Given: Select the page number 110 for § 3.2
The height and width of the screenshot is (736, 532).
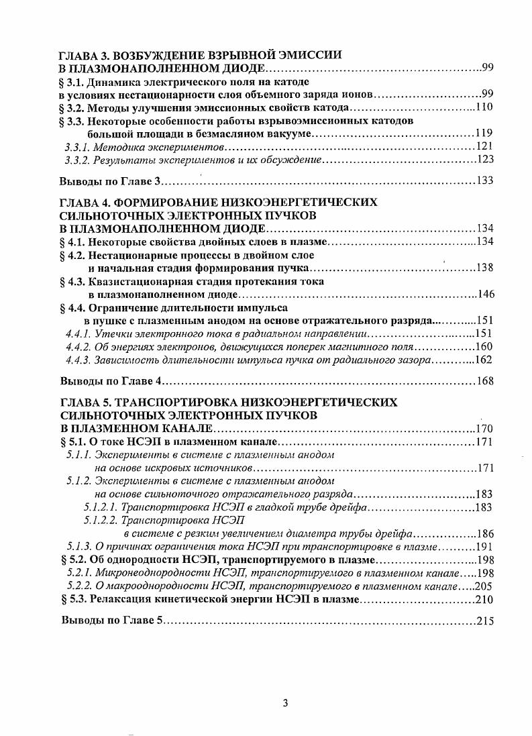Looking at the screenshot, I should (x=484, y=108).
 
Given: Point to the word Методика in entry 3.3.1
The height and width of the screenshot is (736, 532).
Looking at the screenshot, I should (x=116, y=146).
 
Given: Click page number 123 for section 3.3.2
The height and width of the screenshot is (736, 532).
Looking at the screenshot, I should (x=484, y=159).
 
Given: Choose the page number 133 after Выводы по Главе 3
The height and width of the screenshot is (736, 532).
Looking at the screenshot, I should (x=484, y=181).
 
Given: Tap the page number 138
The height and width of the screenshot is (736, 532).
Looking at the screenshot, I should (x=484, y=268).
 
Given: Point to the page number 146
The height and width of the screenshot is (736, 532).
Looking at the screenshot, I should (x=484, y=294).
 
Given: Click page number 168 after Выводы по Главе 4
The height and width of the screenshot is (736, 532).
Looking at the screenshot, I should (x=484, y=381).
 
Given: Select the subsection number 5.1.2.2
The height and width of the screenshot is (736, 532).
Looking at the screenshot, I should (x=100, y=520).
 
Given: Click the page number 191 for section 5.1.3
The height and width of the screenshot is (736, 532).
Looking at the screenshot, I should (x=484, y=547).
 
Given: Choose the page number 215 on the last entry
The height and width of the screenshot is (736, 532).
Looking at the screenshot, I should (x=484, y=621).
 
